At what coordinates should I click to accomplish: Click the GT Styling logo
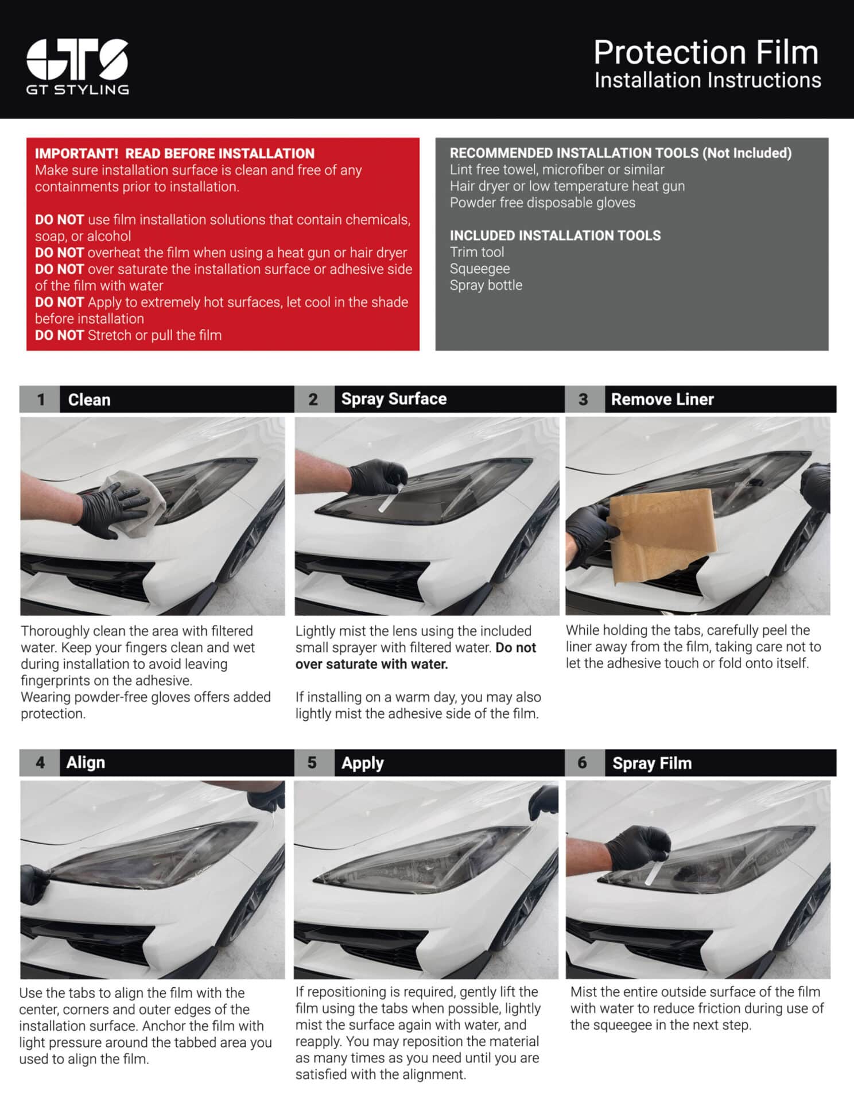(77, 67)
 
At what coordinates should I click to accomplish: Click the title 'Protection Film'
(706, 52)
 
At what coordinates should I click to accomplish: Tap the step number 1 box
(40, 399)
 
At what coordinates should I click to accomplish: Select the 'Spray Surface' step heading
(394, 399)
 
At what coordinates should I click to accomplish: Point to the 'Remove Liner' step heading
(662, 399)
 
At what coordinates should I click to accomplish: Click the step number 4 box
(40, 763)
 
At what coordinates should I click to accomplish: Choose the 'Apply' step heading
(362, 763)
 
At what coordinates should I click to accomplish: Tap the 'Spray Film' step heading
(652, 763)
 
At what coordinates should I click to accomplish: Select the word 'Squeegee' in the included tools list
(480, 269)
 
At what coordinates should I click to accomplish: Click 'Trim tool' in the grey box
(477, 252)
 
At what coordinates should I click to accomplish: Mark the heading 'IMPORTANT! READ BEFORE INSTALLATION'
(174, 154)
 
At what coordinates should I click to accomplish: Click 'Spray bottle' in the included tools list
(486, 285)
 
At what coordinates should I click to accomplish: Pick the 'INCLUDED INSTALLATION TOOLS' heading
(555, 235)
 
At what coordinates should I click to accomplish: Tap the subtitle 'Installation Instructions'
(708, 80)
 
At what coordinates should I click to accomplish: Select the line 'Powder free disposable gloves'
(542, 203)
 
